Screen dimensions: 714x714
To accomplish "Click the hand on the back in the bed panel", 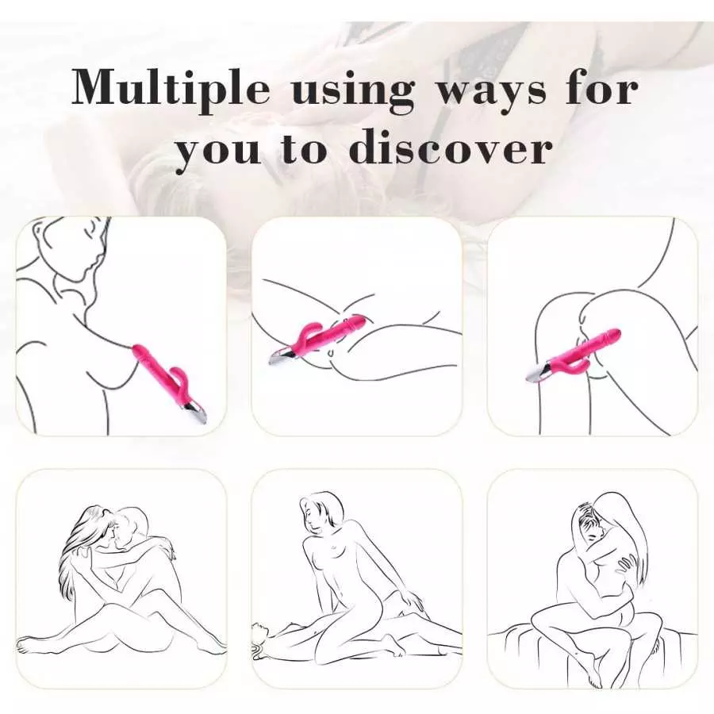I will pos(627,566).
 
